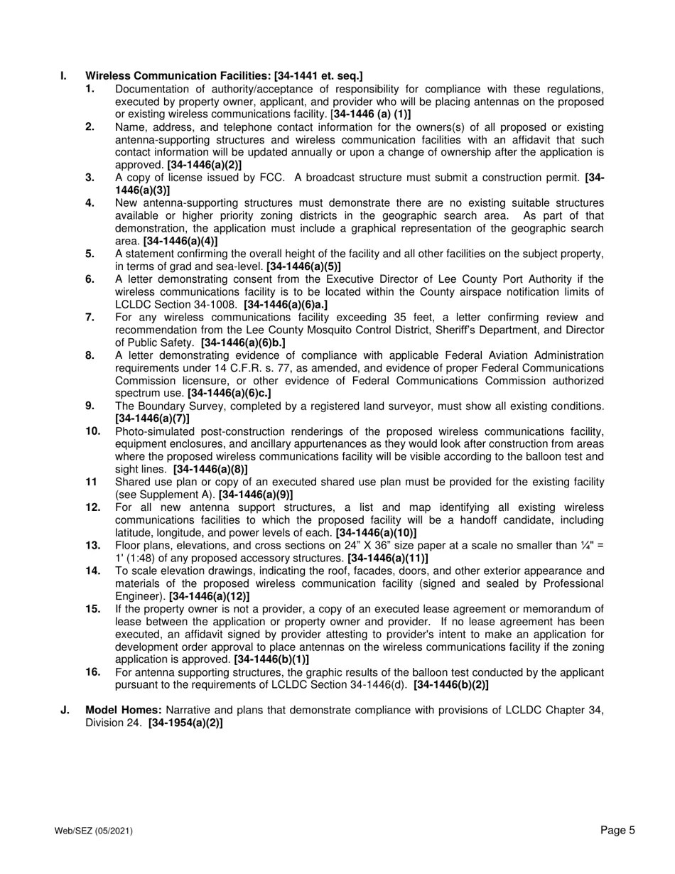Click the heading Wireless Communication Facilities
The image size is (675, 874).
(x=178, y=76)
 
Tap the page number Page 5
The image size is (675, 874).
(x=617, y=830)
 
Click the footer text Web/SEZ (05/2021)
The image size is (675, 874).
(x=93, y=831)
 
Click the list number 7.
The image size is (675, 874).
(x=90, y=317)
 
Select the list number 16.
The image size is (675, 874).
(x=92, y=672)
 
